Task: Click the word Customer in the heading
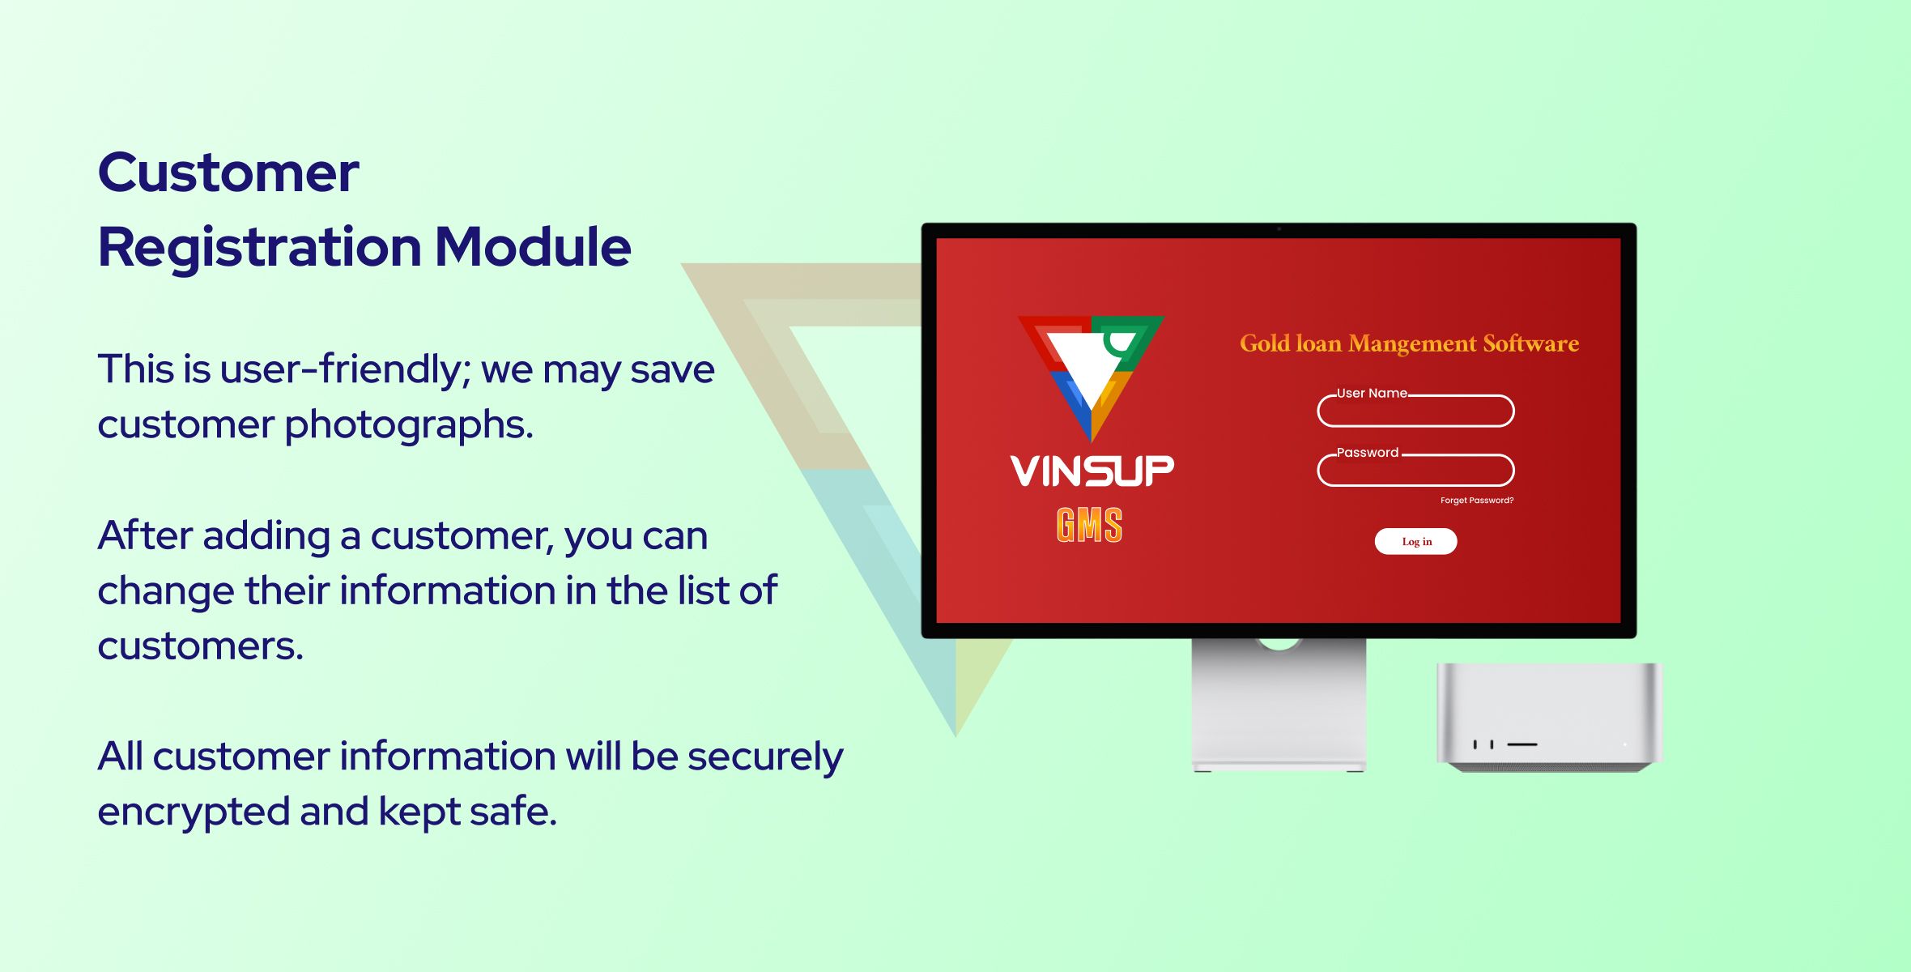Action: (228, 173)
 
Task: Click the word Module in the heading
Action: (533, 246)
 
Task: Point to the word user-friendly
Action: (345, 369)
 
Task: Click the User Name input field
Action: (1415, 411)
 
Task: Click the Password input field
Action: (1415, 471)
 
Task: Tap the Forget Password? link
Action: (1477, 501)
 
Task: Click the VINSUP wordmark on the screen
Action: (1092, 471)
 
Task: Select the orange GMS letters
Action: (1090, 525)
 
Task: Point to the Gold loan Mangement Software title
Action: (1409, 343)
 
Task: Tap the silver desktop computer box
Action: (1549, 717)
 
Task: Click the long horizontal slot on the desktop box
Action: (1522, 744)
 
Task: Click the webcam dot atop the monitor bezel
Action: (1279, 229)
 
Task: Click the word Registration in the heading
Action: (260, 248)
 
